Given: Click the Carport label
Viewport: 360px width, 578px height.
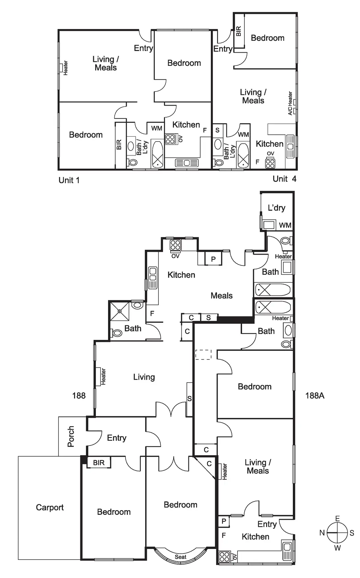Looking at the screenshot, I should click(50, 507).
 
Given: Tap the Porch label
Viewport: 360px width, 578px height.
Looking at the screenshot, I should click(71, 436).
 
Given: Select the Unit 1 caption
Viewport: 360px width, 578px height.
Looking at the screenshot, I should click(69, 180).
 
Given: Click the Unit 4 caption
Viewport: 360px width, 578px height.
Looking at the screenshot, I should click(284, 179).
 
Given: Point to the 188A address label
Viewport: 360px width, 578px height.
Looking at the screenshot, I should click(315, 396).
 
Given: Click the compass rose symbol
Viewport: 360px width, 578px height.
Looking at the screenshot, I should click(337, 533).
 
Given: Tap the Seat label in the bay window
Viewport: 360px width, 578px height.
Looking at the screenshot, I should click(180, 557).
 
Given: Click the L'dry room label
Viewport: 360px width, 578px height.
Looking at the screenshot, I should click(276, 207).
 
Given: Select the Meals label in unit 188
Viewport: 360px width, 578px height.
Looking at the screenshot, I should click(221, 296).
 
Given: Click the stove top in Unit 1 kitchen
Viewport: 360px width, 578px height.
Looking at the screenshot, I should click(170, 139).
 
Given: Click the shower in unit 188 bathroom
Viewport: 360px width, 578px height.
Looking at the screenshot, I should click(120, 311).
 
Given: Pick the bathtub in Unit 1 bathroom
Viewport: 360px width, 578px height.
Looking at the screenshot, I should click(157, 155).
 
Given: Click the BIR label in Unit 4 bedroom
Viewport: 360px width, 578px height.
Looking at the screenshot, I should click(239, 31).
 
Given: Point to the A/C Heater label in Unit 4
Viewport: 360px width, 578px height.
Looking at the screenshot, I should click(290, 103).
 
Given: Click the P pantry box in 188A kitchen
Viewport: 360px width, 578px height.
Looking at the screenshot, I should click(224, 521).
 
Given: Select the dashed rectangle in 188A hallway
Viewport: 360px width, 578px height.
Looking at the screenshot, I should click(203, 354).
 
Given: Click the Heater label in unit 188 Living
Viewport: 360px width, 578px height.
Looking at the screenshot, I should click(103, 377).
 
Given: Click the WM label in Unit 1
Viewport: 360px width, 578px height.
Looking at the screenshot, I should click(156, 128).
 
